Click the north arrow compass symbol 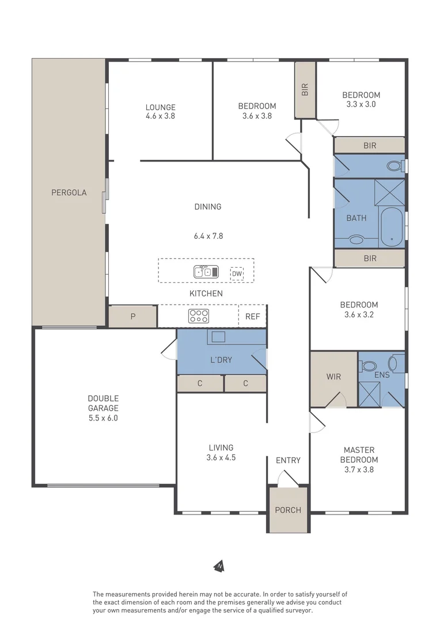(219, 566)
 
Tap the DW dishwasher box (237, 274)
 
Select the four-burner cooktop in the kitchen (199, 316)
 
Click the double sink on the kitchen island (206, 272)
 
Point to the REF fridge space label (252, 317)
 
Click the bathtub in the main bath (392, 227)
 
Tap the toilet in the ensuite (369, 365)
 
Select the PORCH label (287, 510)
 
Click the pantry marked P (132, 317)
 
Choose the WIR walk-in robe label (333, 377)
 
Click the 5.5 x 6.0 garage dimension (103, 418)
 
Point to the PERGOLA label (69, 193)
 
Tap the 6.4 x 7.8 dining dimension (208, 236)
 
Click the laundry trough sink (219, 337)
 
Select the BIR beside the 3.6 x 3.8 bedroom (305, 89)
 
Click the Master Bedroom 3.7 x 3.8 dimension (359, 470)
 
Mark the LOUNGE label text (160, 107)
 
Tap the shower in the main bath (390, 193)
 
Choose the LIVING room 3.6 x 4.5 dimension (221, 457)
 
